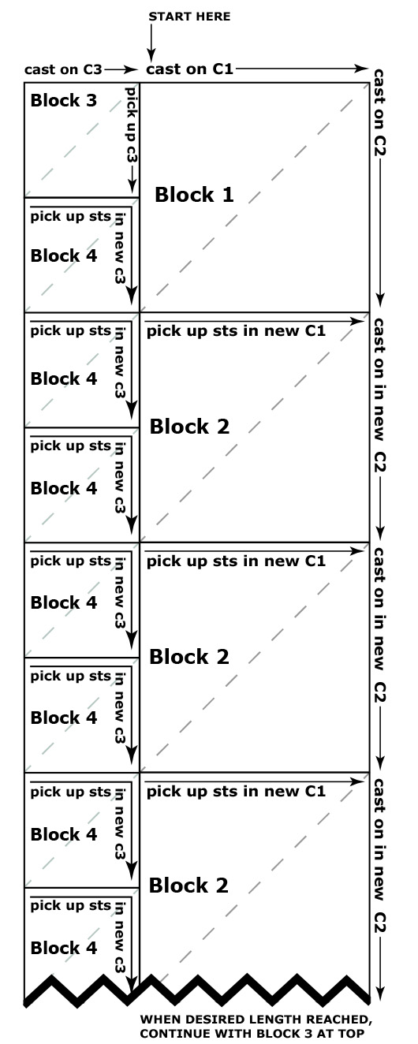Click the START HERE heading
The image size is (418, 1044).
click(189, 17)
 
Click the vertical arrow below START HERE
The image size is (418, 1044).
click(151, 43)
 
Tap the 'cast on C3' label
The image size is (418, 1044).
click(63, 69)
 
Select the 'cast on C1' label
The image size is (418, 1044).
click(189, 69)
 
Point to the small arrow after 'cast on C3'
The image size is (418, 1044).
click(121, 69)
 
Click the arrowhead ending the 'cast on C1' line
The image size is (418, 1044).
click(361, 69)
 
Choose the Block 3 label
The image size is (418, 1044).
click(63, 100)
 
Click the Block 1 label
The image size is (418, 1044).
click(194, 195)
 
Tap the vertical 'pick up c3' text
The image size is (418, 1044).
click(132, 124)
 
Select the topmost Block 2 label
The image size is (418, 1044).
click(189, 427)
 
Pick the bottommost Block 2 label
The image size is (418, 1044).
click(188, 885)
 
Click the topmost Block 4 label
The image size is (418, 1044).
click(63, 255)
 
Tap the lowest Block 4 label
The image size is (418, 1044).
click(63, 948)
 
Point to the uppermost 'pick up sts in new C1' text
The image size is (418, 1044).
click(236, 331)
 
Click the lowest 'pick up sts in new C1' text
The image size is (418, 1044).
click(236, 792)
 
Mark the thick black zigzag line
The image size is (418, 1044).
click(196, 990)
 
